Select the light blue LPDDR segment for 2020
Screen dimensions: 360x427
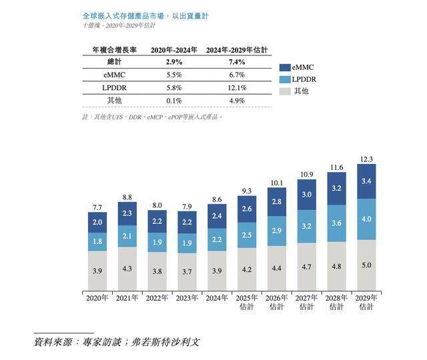[97, 241]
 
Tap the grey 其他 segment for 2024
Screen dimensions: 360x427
[217, 269]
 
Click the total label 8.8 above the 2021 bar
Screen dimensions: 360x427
[127, 197]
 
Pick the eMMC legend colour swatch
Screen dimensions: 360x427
[285, 67]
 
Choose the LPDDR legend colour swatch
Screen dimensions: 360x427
[285, 79]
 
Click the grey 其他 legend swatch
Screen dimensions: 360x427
[285, 91]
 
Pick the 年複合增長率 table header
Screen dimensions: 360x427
[114, 50]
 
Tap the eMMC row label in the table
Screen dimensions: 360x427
[114, 75]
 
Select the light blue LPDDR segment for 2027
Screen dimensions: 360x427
[307, 226]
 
